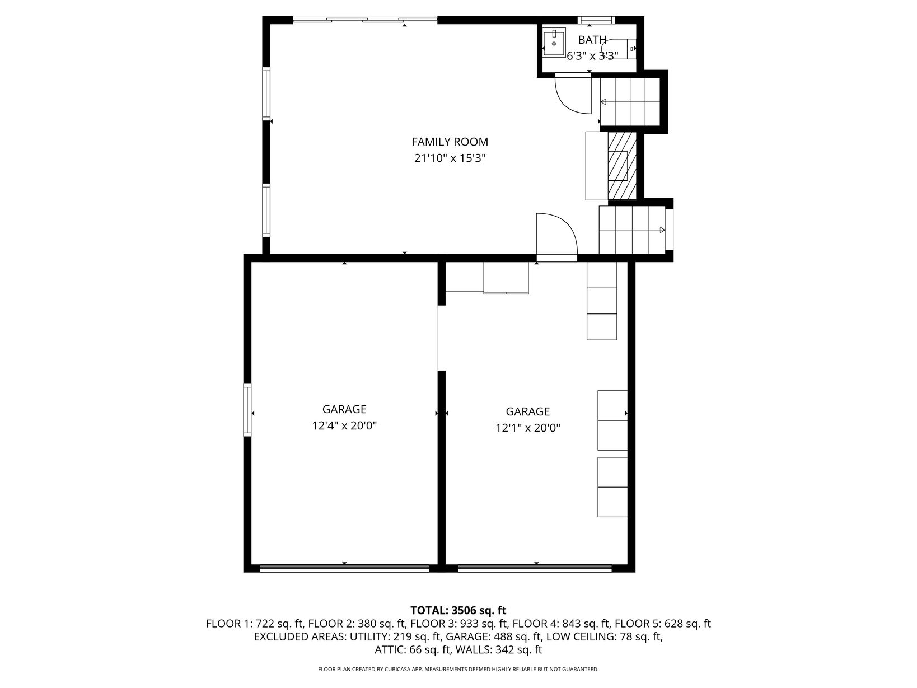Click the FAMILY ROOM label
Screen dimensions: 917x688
pyautogui.click(x=450, y=142)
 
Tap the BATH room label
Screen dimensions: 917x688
pyautogui.click(x=592, y=40)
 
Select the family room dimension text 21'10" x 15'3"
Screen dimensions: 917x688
pyautogui.click(x=450, y=158)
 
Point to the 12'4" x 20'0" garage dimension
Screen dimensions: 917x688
pyautogui.click(x=344, y=425)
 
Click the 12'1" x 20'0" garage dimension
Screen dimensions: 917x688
pyautogui.click(x=528, y=428)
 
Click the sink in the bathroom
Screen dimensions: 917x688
pyautogui.click(x=554, y=42)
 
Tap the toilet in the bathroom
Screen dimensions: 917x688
pyautogui.click(x=623, y=49)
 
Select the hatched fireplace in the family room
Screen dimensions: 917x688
pyautogui.click(x=622, y=166)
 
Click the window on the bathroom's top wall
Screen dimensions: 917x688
pyautogui.click(x=596, y=20)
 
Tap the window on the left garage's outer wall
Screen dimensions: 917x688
pyautogui.click(x=247, y=410)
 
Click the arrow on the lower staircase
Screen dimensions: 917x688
pyautogui.click(x=631, y=230)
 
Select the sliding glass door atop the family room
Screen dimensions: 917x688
pyautogui.click(x=364, y=19)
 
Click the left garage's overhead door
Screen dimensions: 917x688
pyautogui.click(x=344, y=568)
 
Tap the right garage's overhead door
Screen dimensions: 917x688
pyautogui.click(x=535, y=568)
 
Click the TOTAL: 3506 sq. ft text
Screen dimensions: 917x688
pyautogui.click(x=458, y=610)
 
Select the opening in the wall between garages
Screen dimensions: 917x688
pyautogui.click(x=442, y=338)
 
